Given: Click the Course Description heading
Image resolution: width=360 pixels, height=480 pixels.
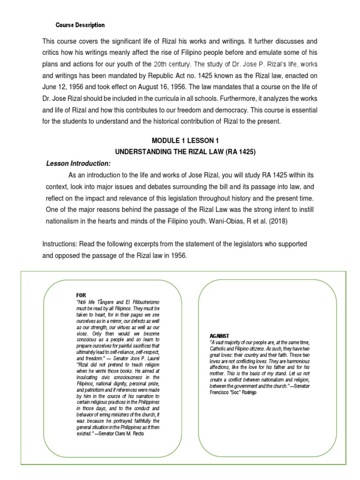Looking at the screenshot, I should point(80,25).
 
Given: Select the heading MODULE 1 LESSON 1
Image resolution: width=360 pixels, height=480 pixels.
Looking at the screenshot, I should point(184,141).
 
